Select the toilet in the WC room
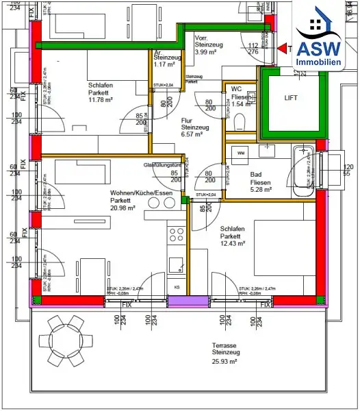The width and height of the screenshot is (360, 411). point(239,122)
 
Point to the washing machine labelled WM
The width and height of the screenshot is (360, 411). point(241,154)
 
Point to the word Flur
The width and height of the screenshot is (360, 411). point(186,120)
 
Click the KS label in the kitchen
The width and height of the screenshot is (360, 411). point(177,286)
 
